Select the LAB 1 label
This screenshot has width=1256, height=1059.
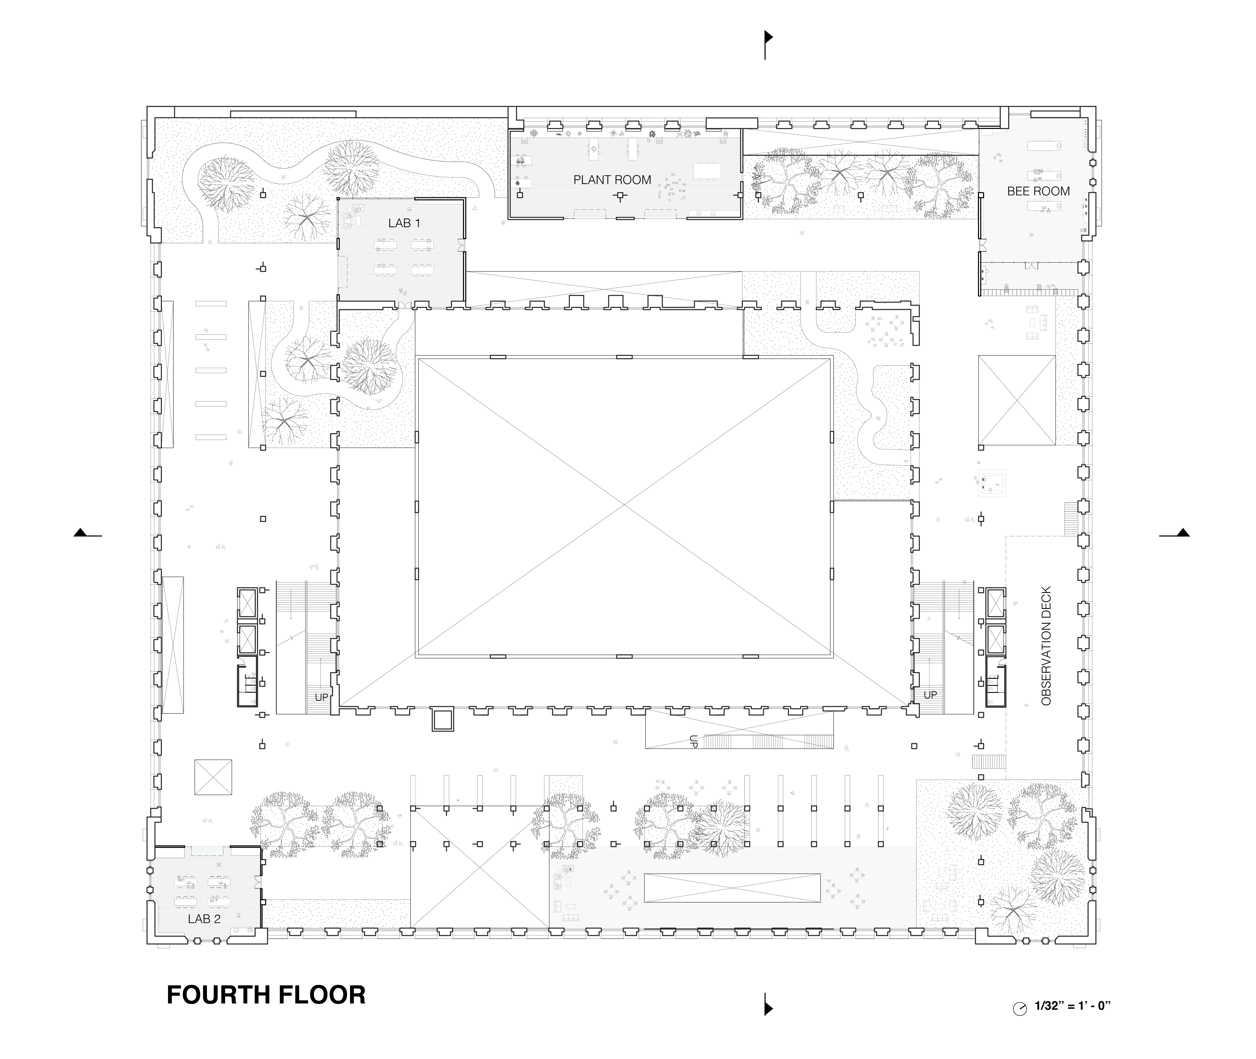404,223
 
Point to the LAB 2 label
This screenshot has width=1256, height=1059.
204,919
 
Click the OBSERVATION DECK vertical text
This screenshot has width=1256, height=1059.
1046,645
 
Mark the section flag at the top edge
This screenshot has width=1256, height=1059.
768,45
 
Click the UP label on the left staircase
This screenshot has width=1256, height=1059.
322,697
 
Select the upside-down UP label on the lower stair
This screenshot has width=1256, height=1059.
694,741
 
